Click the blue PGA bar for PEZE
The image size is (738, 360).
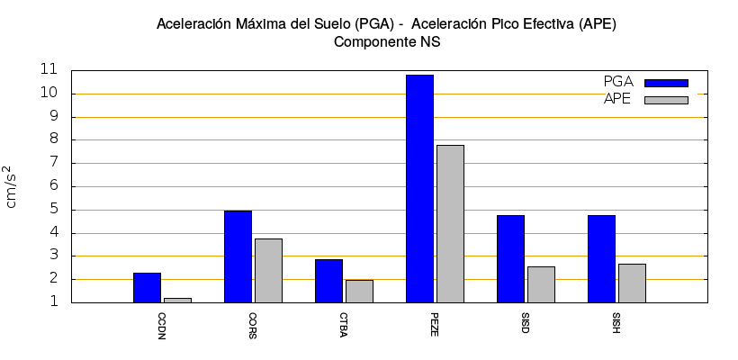(x=419, y=188)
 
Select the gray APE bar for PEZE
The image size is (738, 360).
(x=450, y=223)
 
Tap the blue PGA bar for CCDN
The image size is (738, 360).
(x=147, y=287)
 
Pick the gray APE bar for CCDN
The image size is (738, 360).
(x=177, y=300)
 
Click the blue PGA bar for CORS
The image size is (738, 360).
(x=238, y=256)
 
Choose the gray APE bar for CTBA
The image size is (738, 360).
(x=359, y=291)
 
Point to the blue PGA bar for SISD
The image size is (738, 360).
(x=510, y=258)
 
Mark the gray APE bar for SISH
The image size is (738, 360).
(x=632, y=283)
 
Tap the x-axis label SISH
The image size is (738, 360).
(x=616, y=322)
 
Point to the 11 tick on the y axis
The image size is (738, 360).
(x=49, y=69)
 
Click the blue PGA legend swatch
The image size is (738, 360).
(x=666, y=83)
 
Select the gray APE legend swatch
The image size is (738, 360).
(x=666, y=100)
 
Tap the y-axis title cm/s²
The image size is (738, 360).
(x=12, y=186)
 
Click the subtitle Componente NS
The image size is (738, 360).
(x=386, y=41)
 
